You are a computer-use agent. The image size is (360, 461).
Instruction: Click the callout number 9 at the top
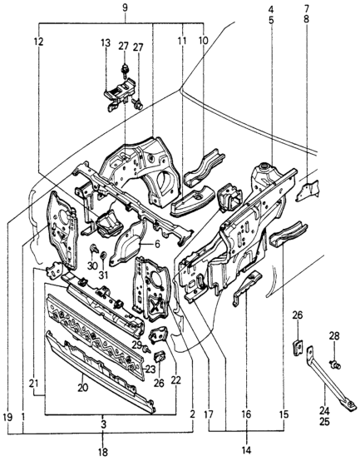pyautogui.click(x=125, y=8)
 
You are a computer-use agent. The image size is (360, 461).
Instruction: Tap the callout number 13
pyautogui.click(x=106, y=43)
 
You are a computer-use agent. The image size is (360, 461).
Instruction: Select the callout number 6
pyautogui.click(x=157, y=244)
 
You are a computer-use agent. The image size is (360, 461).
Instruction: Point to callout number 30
pyautogui.click(x=92, y=266)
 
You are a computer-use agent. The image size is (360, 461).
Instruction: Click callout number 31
pyautogui.click(x=103, y=275)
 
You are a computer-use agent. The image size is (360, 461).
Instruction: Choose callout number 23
pyautogui.click(x=150, y=369)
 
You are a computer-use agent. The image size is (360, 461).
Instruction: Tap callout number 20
pyautogui.click(x=83, y=388)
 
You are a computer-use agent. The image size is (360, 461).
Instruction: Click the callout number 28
pyautogui.click(x=334, y=335)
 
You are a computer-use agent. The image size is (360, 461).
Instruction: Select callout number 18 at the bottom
pyautogui.click(x=102, y=452)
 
